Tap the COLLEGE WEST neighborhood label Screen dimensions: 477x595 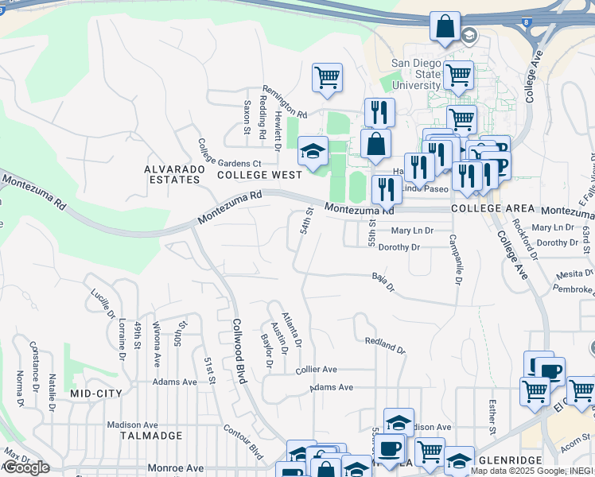tap(259, 175)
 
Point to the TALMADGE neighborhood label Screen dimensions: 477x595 tap(151, 436)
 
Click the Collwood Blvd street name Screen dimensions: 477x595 tap(238, 351)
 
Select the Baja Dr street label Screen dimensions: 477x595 tap(383, 281)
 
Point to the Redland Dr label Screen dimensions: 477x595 tap(385, 345)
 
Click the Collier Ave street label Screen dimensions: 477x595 tap(317, 370)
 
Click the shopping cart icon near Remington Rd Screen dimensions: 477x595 tap(327, 78)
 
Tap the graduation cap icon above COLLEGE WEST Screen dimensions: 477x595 tap(313, 151)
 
